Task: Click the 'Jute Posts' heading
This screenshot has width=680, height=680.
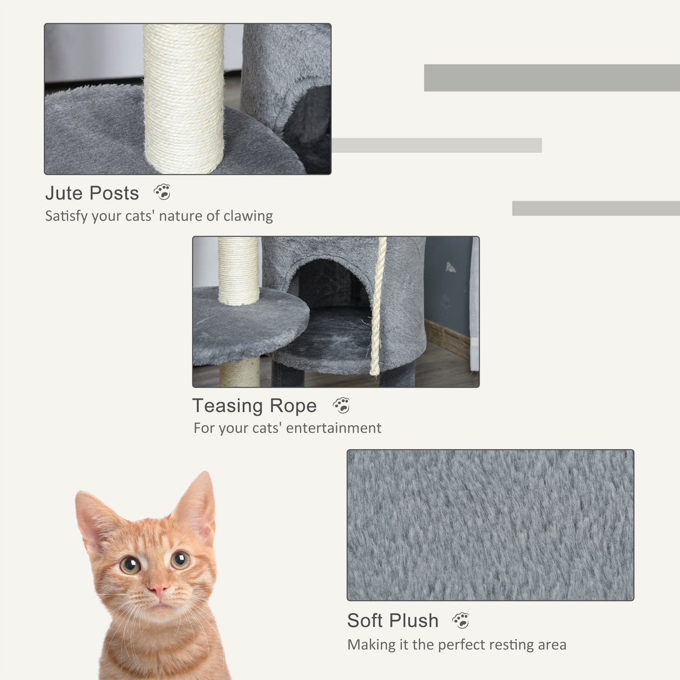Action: click(92, 193)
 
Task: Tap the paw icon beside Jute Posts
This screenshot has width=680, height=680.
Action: click(162, 192)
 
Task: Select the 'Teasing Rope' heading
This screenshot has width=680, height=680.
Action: click(254, 406)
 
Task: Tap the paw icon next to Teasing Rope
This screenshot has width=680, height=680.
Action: click(341, 405)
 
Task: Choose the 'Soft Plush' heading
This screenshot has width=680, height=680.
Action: click(393, 621)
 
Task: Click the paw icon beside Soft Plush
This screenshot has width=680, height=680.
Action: click(460, 620)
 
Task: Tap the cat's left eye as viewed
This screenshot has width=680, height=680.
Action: click(130, 565)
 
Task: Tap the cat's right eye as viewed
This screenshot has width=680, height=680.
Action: click(180, 559)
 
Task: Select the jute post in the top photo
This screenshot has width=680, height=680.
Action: click(184, 98)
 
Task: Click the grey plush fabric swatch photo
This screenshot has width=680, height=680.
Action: click(490, 525)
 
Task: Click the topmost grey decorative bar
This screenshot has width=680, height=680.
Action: click(552, 78)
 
